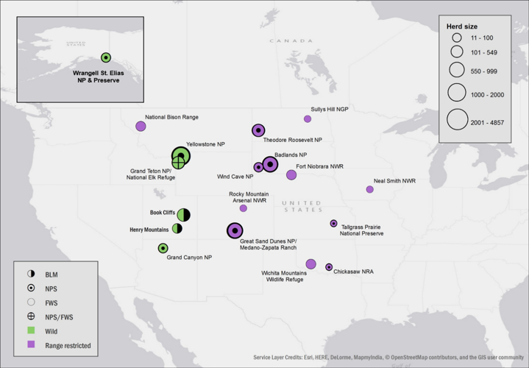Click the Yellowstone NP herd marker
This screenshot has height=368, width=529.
pyautogui.click(x=181, y=155)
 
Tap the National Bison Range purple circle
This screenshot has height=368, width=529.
pyautogui.click(x=141, y=126)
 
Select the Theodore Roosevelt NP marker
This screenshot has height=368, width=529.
pyautogui.click(x=258, y=130)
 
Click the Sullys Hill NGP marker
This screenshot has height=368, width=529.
pyautogui.click(x=308, y=118)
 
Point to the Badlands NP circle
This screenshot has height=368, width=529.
pyautogui.click(x=270, y=164)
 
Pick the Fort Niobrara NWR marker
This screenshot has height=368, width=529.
pyautogui.click(x=291, y=175)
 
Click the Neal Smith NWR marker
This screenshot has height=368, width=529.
pyautogui.click(x=370, y=189)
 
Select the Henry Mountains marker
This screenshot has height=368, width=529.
pyautogui.click(x=177, y=229)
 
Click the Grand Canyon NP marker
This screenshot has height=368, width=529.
pyautogui.click(x=163, y=248)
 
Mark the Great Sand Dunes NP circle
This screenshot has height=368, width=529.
pyautogui.click(x=235, y=230)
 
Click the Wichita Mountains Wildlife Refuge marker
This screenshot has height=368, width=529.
pyautogui.click(x=310, y=264)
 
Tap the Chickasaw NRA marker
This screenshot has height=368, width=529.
pyautogui.click(x=329, y=266)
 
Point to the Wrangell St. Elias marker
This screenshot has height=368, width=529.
pyautogui.click(x=105, y=57)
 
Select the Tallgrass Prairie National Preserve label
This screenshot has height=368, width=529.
pyautogui.click(x=360, y=230)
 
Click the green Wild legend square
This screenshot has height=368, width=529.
pyautogui.click(x=31, y=330)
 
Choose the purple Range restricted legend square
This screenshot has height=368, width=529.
pyautogui.click(x=31, y=344)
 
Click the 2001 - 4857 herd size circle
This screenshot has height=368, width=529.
pyautogui.click(x=457, y=119)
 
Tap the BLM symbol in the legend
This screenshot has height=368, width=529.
pyautogui.click(x=31, y=275)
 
